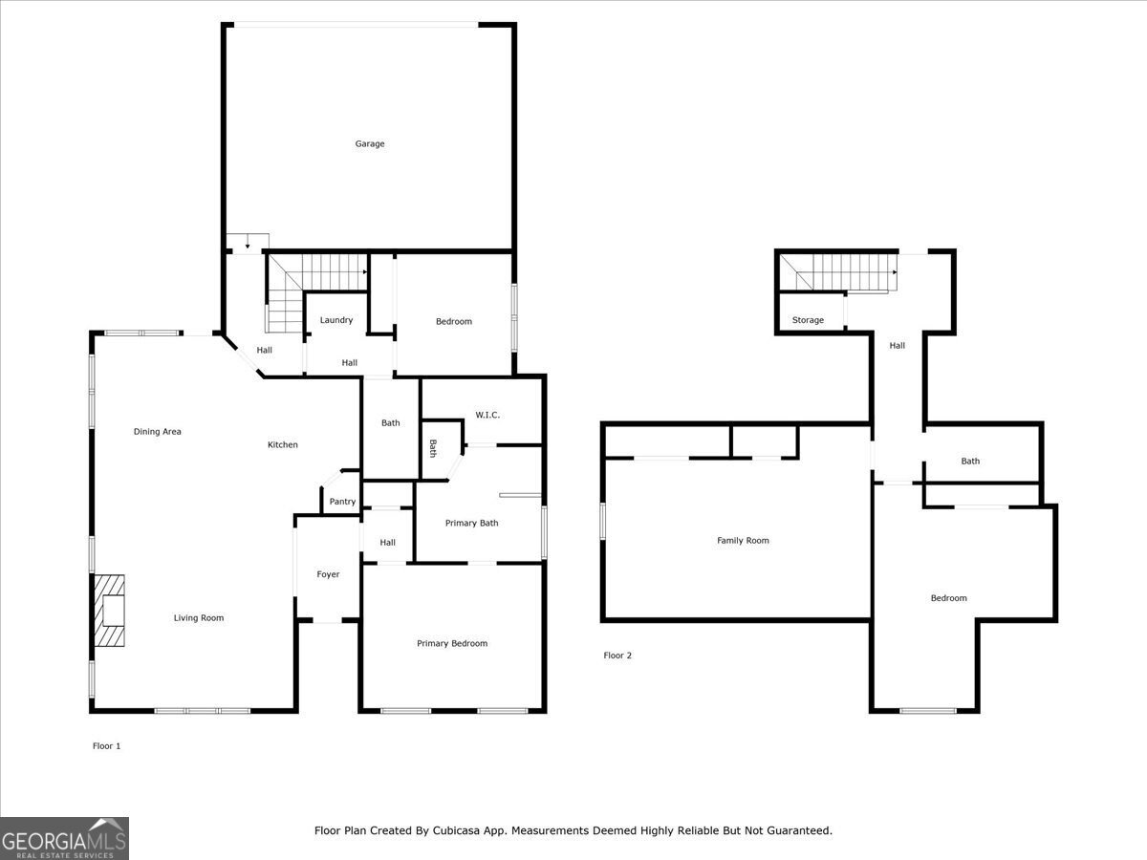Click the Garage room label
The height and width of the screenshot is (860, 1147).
pyautogui.click(x=370, y=144)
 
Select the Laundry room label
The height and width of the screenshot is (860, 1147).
pyautogui.click(x=336, y=320)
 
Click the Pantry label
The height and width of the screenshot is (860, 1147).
pyautogui.click(x=342, y=502)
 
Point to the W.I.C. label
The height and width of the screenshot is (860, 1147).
pyautogui.click(x=487, y=415)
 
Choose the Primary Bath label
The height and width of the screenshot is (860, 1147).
pyautogui.click(x=471, y=523)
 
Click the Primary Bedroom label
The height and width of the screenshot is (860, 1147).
pyautogui.click(x=452, y=643)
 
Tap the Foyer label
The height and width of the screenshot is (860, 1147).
pyautogui.click(x=328, y=574)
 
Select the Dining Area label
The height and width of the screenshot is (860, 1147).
pyautogui.click(x=158, y=432)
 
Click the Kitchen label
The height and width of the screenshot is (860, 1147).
pyautogui.click(x=283, y=444)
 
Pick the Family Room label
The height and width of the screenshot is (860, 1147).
pyautogui.click(x=743, y=541)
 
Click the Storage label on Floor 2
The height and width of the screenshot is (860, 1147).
pyautogui.click(x=808, y=320)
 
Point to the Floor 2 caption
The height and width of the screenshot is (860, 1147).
pyautogui.click(x=617, y=656)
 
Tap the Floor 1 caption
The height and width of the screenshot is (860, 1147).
pyautogui.click(x=106, y=745)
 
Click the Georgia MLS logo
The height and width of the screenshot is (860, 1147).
pyautogui.click(x=64, y=838)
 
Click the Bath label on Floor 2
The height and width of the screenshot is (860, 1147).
pyautogui.click(x=970, y=462)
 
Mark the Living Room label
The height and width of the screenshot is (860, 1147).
pyautogui.click(x=199, y=618)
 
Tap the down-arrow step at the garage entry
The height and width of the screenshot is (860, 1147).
pyautogui.click(x=248, y=242)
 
